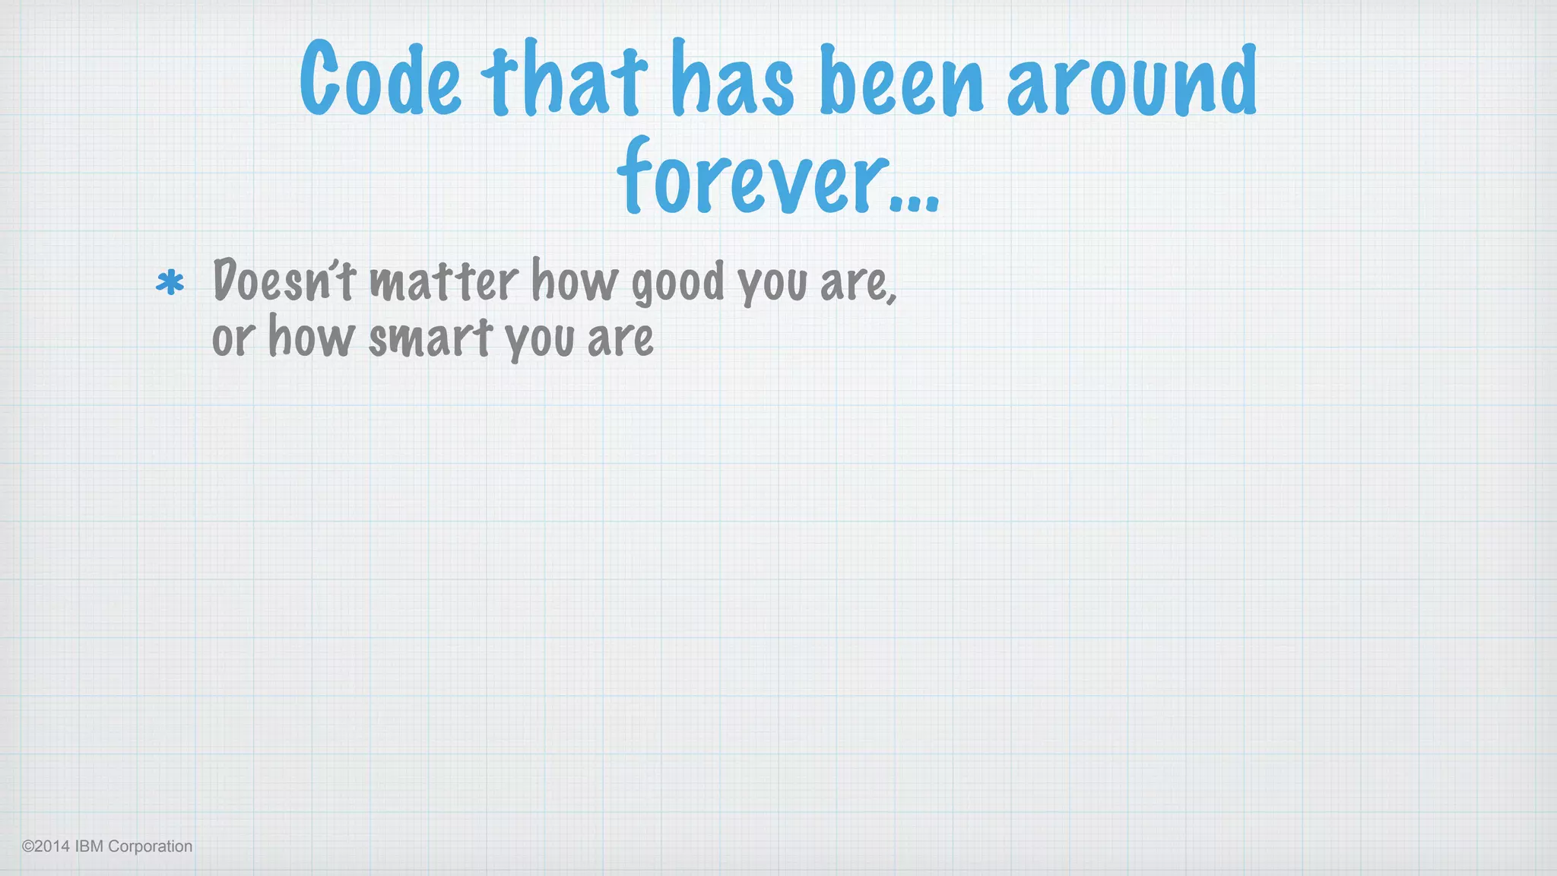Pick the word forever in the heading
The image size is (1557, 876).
753,178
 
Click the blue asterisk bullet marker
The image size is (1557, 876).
170,283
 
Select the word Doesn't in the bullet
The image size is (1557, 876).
284,281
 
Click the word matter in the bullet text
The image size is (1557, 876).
444,281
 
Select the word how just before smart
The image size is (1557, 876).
312,337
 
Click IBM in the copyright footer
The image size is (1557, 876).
89,846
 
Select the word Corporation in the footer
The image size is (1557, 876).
151,846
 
